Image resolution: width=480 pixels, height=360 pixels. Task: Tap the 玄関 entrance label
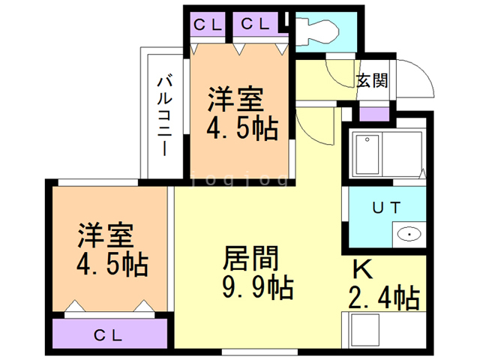click(x=371, y=80)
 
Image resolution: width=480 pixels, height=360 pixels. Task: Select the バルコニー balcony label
click(x=163, y=113)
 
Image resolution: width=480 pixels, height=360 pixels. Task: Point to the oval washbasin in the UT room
click(x=409, y=234)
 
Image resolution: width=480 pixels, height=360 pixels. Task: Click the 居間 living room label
click(x=250, y=259)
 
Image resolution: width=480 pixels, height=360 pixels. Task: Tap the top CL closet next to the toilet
click(x=255, y=23)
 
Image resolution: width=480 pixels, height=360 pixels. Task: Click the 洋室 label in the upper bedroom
click(x=235, y=99)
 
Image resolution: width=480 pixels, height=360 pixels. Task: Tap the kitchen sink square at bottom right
click(x=368, y=331)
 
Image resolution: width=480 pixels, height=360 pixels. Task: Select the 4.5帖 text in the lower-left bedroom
click(x=111, y=264)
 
